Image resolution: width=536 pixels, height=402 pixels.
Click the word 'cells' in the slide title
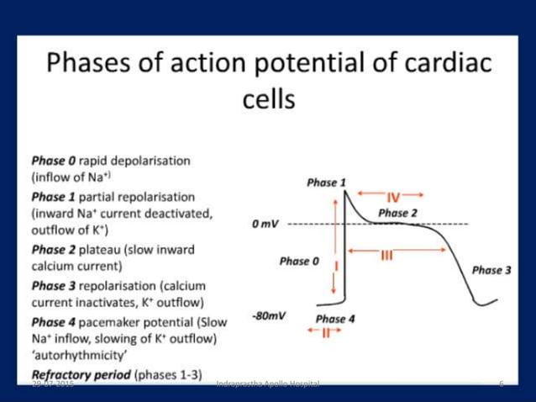click(x=268, y=101)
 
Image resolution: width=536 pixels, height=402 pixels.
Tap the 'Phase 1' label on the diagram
click(x=326, y=182)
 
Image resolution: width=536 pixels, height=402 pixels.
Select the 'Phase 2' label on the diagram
click(x=397, y=213)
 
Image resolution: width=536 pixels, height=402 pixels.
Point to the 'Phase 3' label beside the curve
click(x=491, y=270)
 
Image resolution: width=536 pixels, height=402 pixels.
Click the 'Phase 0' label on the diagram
click(x=299, y=262)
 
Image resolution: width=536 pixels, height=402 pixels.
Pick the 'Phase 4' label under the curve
click(x=334, y=319)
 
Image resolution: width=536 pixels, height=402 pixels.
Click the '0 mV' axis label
click(x=265, y=225)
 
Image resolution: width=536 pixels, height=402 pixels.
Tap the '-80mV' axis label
click(x=268, y=315)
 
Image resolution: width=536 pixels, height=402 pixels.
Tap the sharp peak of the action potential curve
click(x=347, y=191)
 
